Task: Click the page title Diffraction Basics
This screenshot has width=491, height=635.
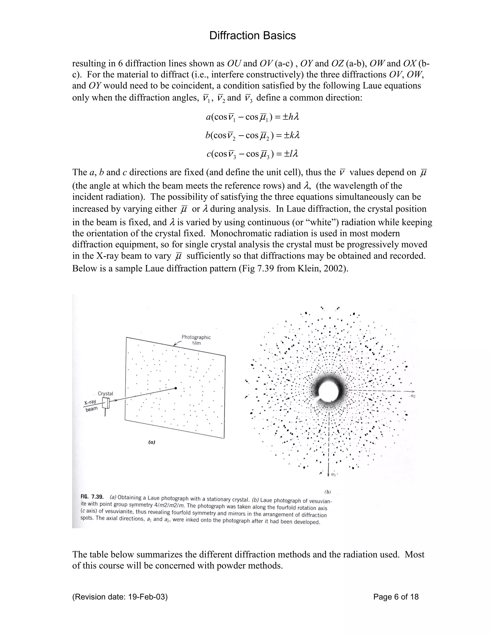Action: point(252,36)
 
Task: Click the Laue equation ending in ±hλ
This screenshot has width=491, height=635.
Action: point(252,117)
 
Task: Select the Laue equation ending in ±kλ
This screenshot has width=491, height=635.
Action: point(252,135)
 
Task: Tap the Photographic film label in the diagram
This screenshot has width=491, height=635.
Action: point(196,340)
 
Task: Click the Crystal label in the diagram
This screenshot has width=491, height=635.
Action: point(105,393)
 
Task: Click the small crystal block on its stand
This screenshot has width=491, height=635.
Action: point(106,403)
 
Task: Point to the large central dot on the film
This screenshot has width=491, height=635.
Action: point(175,388)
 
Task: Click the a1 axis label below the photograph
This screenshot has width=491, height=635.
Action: point(333,474)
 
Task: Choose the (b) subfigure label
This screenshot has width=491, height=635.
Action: point(327,492)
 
